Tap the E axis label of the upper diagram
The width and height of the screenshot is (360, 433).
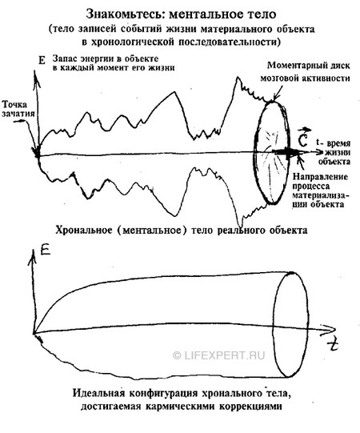point(42,60)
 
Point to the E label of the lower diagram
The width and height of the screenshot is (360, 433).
point(45,251)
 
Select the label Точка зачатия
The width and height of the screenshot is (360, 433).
point(18,109)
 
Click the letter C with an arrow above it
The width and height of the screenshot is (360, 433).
point(303,138)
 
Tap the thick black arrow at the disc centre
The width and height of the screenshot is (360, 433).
point(287,152)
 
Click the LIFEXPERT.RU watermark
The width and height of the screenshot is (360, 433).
point(218,355)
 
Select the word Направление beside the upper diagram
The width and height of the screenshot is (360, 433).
point(320,177)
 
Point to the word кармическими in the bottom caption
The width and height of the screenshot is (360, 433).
point(181,407)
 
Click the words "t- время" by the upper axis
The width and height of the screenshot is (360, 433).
point(334,143)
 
